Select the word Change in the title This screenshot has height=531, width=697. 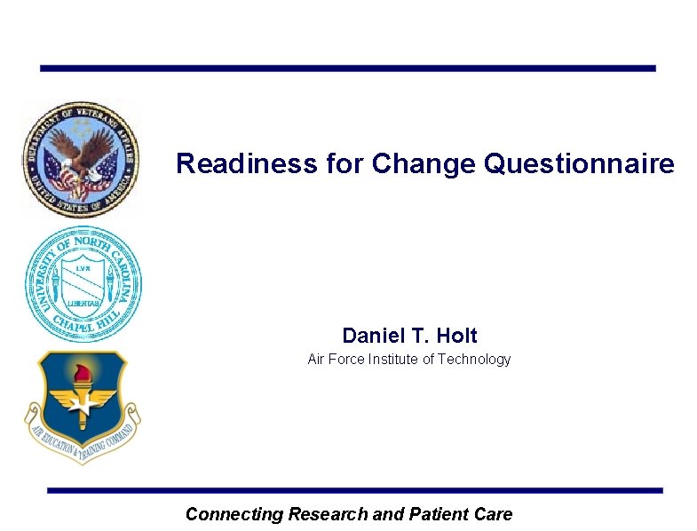coord(421,164)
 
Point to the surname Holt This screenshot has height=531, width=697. coord(456,337)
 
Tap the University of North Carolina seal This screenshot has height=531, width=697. coord(83,284)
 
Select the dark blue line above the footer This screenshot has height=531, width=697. coord(355,490)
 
